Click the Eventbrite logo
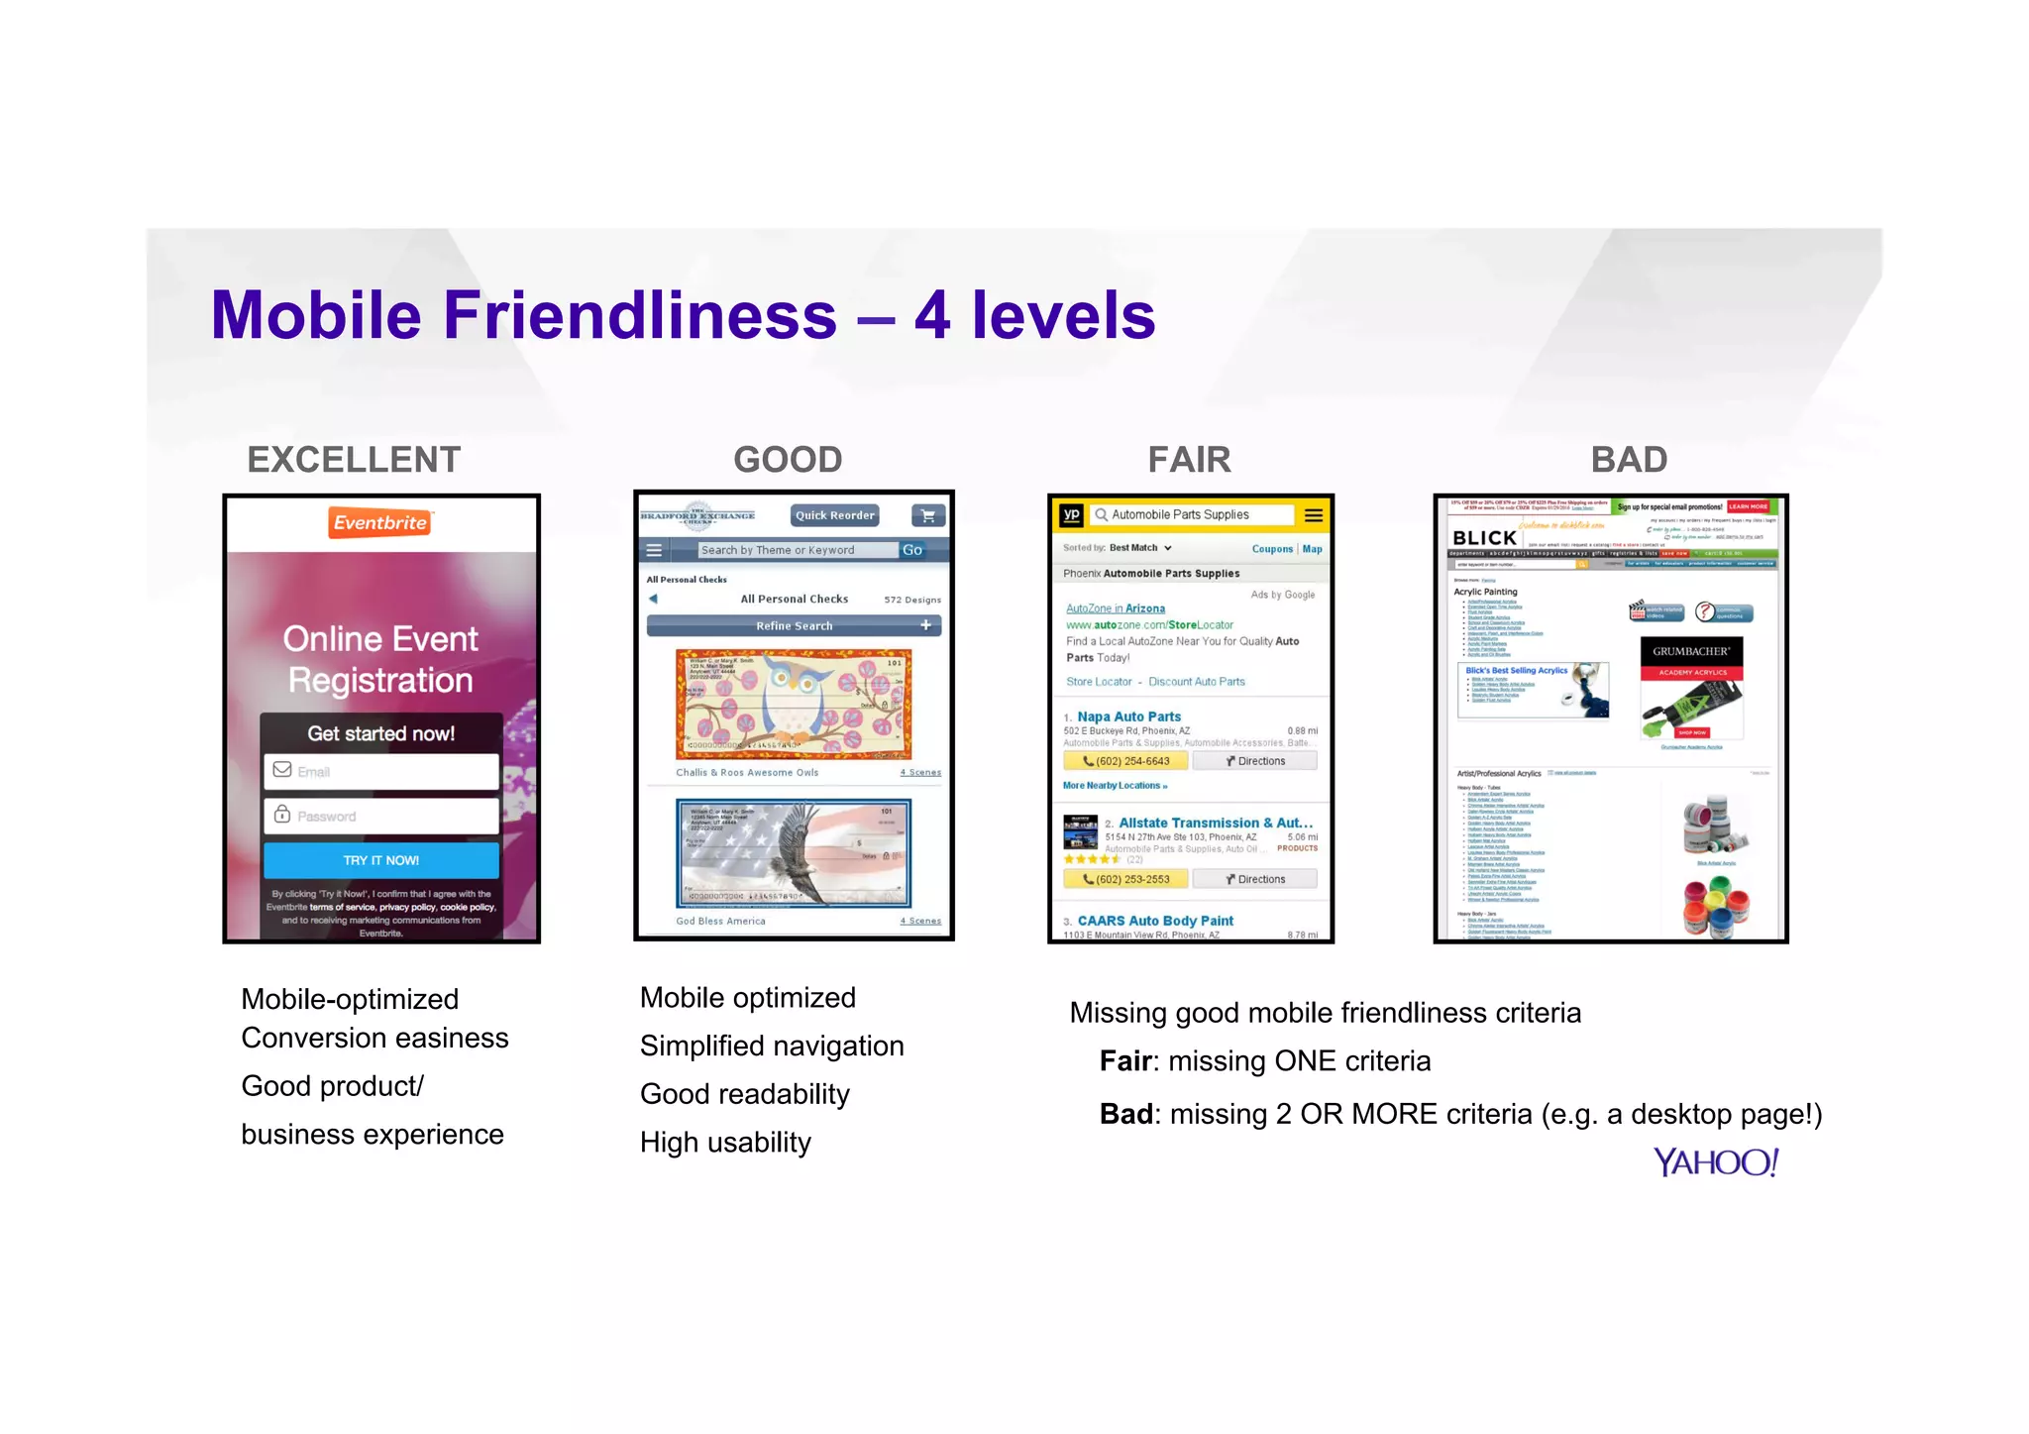point(380,522)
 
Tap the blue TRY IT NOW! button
point(381,860)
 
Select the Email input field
point(381,771)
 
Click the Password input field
point(381,816)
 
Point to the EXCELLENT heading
point(354,460)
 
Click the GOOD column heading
point(788,460)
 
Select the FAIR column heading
point(1189,460)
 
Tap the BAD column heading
point(1629,460)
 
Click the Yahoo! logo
point(1716,1162)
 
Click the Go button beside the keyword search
point(912,550)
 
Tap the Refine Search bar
point(794,625)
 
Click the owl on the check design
point(792,696)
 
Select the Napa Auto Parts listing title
point(1128,717)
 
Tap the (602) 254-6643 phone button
point(1126,761)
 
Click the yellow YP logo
point(1071,514)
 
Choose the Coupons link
point(1272,549)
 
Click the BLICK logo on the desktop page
point(1484,537)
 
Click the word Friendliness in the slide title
point(640,315)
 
